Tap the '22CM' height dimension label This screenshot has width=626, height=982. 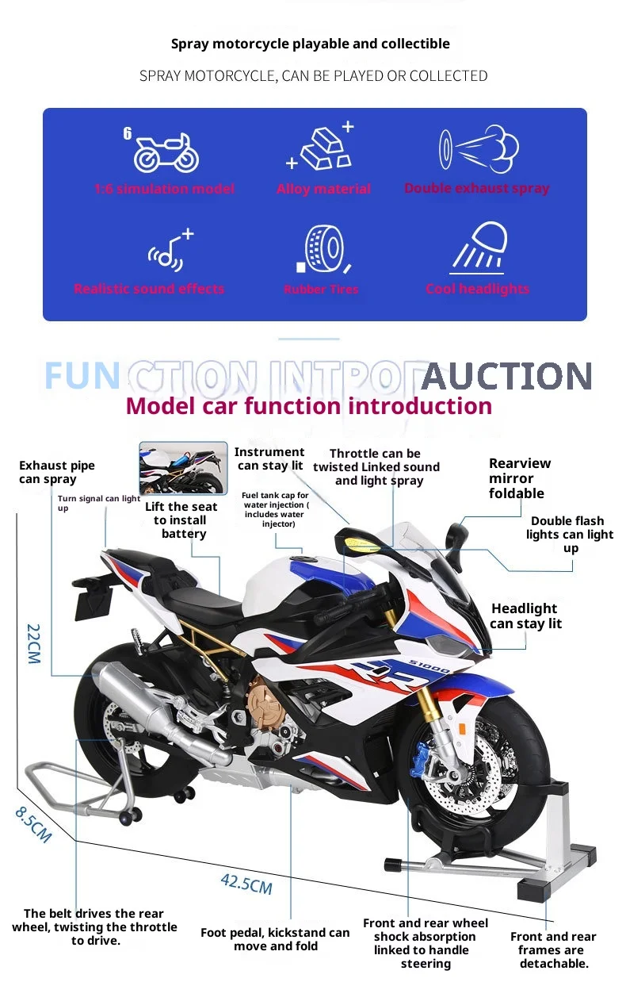point(32,643)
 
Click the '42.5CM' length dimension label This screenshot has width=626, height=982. point(246,883)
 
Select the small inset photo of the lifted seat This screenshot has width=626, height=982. point(183,468)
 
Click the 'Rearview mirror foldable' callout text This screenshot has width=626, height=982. point(519,478)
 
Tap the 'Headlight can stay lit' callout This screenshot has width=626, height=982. point(525,616)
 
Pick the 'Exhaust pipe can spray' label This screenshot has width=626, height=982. point(57,472)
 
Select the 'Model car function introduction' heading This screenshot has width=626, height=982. point(309,406)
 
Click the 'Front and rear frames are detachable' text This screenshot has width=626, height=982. point(553,949)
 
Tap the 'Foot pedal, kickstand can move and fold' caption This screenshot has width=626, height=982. point(275,939)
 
